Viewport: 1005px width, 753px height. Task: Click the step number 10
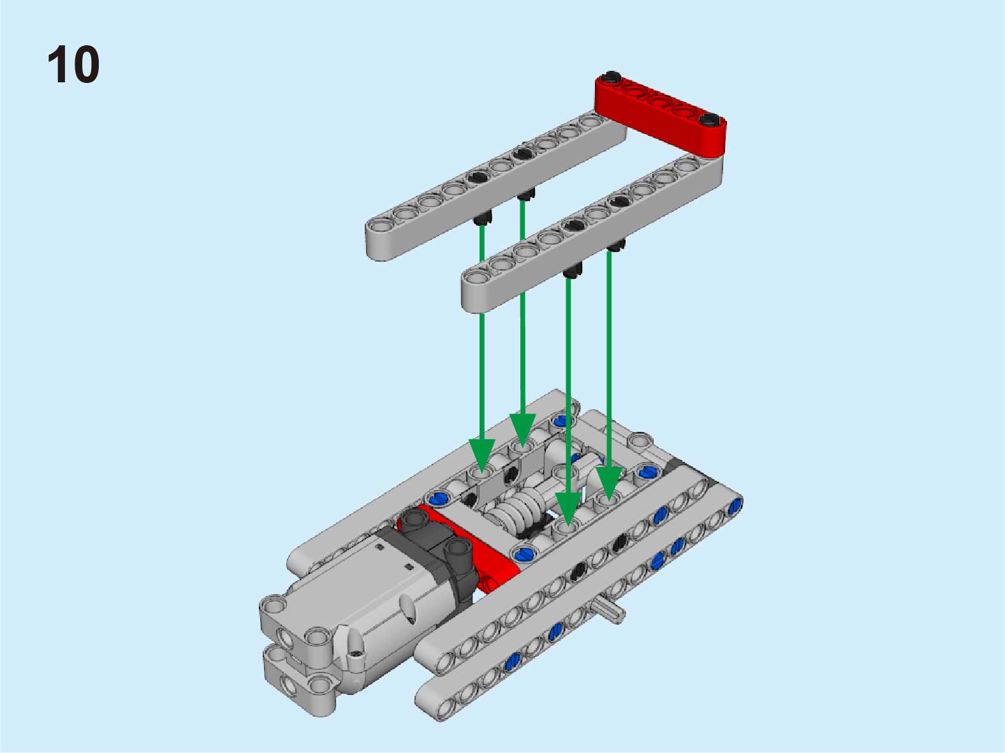73,64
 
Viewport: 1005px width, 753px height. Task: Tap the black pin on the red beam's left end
612,77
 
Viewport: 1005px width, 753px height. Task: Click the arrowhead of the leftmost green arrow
481,454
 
